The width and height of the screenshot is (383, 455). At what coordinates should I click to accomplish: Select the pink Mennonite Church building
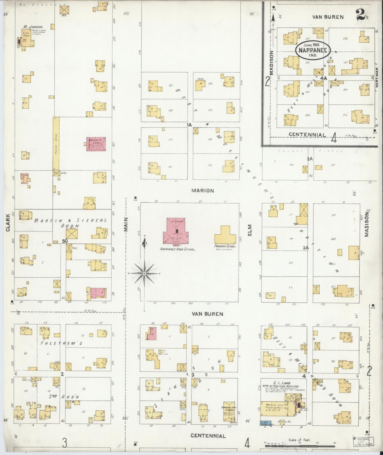pos(96,144)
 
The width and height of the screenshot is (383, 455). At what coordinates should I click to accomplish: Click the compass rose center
pos(144,273)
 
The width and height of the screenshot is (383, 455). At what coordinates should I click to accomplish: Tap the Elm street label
pos(250,230)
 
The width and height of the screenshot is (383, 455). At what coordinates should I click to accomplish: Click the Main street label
pos(126,224)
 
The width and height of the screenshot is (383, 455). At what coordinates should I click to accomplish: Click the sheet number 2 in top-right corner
pos(360,15)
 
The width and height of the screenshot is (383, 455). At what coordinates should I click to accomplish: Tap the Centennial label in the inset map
pos(307,135)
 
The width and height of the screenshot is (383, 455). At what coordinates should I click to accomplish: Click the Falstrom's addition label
pos(61,343)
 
